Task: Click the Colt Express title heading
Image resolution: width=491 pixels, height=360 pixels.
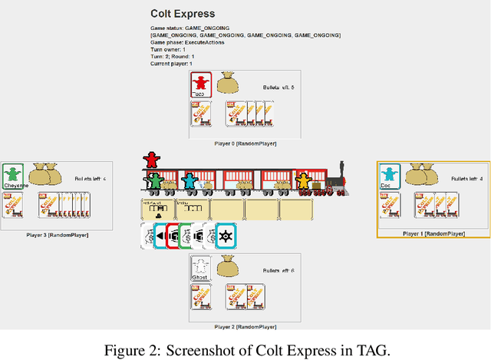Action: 183,13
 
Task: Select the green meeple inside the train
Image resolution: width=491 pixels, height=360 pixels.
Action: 155,182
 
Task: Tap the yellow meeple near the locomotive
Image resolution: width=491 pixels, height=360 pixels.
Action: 305,182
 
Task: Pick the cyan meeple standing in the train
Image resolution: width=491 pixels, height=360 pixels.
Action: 189,181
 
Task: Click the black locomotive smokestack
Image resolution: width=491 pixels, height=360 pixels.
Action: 339,168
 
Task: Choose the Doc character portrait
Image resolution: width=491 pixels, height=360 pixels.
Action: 390,176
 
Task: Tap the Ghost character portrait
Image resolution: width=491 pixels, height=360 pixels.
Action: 200,268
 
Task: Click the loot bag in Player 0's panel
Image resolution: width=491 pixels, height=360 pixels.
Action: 226,83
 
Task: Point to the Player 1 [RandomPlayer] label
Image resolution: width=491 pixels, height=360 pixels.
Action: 433,233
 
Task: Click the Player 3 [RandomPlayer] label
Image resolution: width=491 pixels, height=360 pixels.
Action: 57,233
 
